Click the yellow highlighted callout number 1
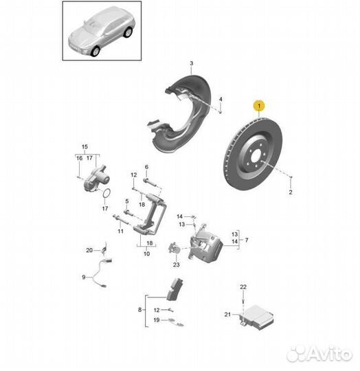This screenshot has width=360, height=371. coord(259,105)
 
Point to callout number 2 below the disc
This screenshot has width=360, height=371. coord(291,194)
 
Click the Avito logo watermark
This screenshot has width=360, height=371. coord(319,353)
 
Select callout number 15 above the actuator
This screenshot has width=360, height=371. coord(85,147)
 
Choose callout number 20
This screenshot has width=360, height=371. coord(89,250)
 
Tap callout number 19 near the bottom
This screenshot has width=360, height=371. coord(157,321)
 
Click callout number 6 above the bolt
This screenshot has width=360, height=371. coord(146,167)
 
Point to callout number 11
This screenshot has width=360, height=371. coord(120,232)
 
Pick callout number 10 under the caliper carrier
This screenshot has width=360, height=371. coord(146,254)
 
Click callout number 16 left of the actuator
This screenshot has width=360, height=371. coord(79,158)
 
